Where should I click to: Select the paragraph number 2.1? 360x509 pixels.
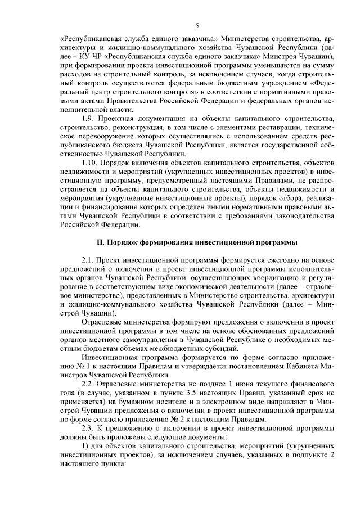tap(89, 261)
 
